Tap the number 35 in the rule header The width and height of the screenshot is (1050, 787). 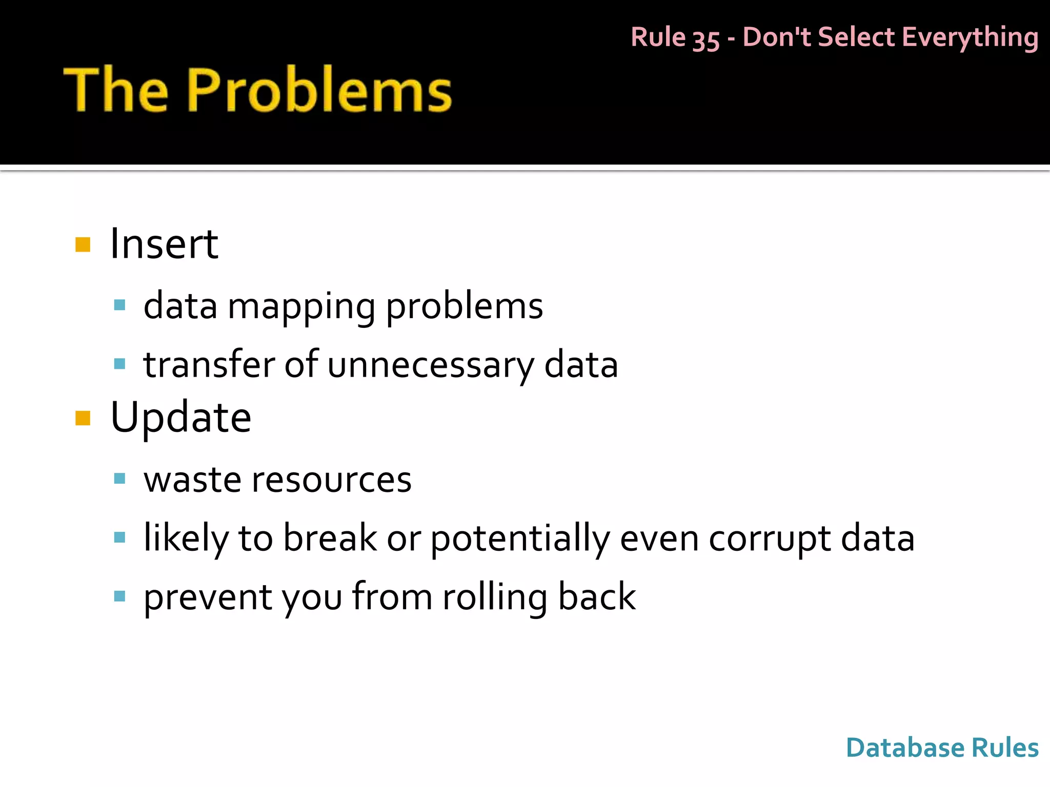pos(706,39)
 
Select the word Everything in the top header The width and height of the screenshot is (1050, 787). pos(970,38)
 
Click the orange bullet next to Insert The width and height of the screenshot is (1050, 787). pos(83,244)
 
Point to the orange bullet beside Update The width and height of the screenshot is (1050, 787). pos(83,418)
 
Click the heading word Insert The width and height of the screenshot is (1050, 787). pos(164,244)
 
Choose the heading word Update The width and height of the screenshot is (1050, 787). pos(180,418)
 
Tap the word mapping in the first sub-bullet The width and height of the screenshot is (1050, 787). pos(301,306)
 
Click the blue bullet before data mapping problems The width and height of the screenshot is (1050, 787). pos(119,305)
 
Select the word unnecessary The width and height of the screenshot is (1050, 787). pos(431,365)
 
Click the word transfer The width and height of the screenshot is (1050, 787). pos(209,365)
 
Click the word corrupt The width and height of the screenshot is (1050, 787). pos(769,539)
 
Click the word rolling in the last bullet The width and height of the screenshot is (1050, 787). pos(494,597)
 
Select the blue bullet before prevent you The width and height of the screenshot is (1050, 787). pos(119,596)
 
